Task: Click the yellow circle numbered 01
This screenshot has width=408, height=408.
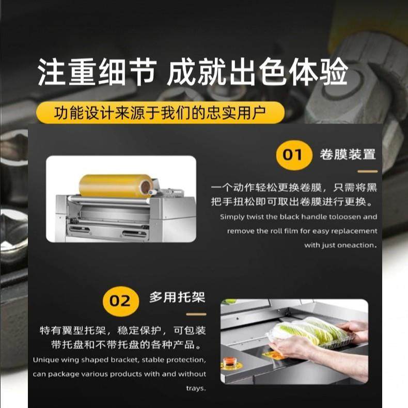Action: pos(294,154)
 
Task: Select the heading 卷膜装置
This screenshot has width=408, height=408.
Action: pos(347,154)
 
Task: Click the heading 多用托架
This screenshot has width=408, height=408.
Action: pos(177,297)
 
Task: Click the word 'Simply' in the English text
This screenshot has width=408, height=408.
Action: pos(232,217)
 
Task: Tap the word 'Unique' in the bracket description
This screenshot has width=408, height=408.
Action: pos(45,360)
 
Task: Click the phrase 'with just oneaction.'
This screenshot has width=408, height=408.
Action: pos(340,245)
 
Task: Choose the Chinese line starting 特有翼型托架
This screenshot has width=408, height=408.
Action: pos(123,329)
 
